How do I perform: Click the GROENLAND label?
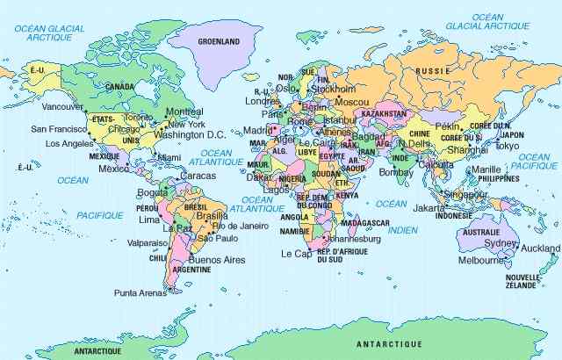coord(219,41)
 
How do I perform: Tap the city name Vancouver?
coord(62,106)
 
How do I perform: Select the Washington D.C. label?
coord(191,135)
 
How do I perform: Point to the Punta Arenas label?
coord(140,292)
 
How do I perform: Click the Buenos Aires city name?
coord(216,260)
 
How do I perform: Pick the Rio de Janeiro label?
coord(240,226)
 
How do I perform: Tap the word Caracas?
coord(197,176)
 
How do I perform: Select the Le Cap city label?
coord(297,253)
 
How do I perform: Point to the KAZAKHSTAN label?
coord(383,114)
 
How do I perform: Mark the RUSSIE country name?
coord(432,70)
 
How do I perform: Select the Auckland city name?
coord(540,248)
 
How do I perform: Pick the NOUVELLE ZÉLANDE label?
coord(522,282)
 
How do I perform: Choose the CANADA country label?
coord(120,87)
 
